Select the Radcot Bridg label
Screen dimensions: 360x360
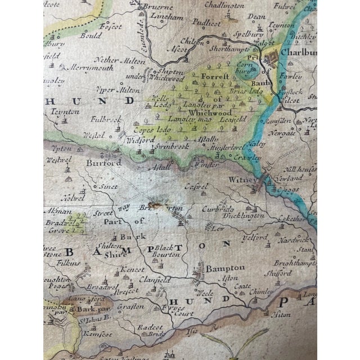[x=159, y=330]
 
